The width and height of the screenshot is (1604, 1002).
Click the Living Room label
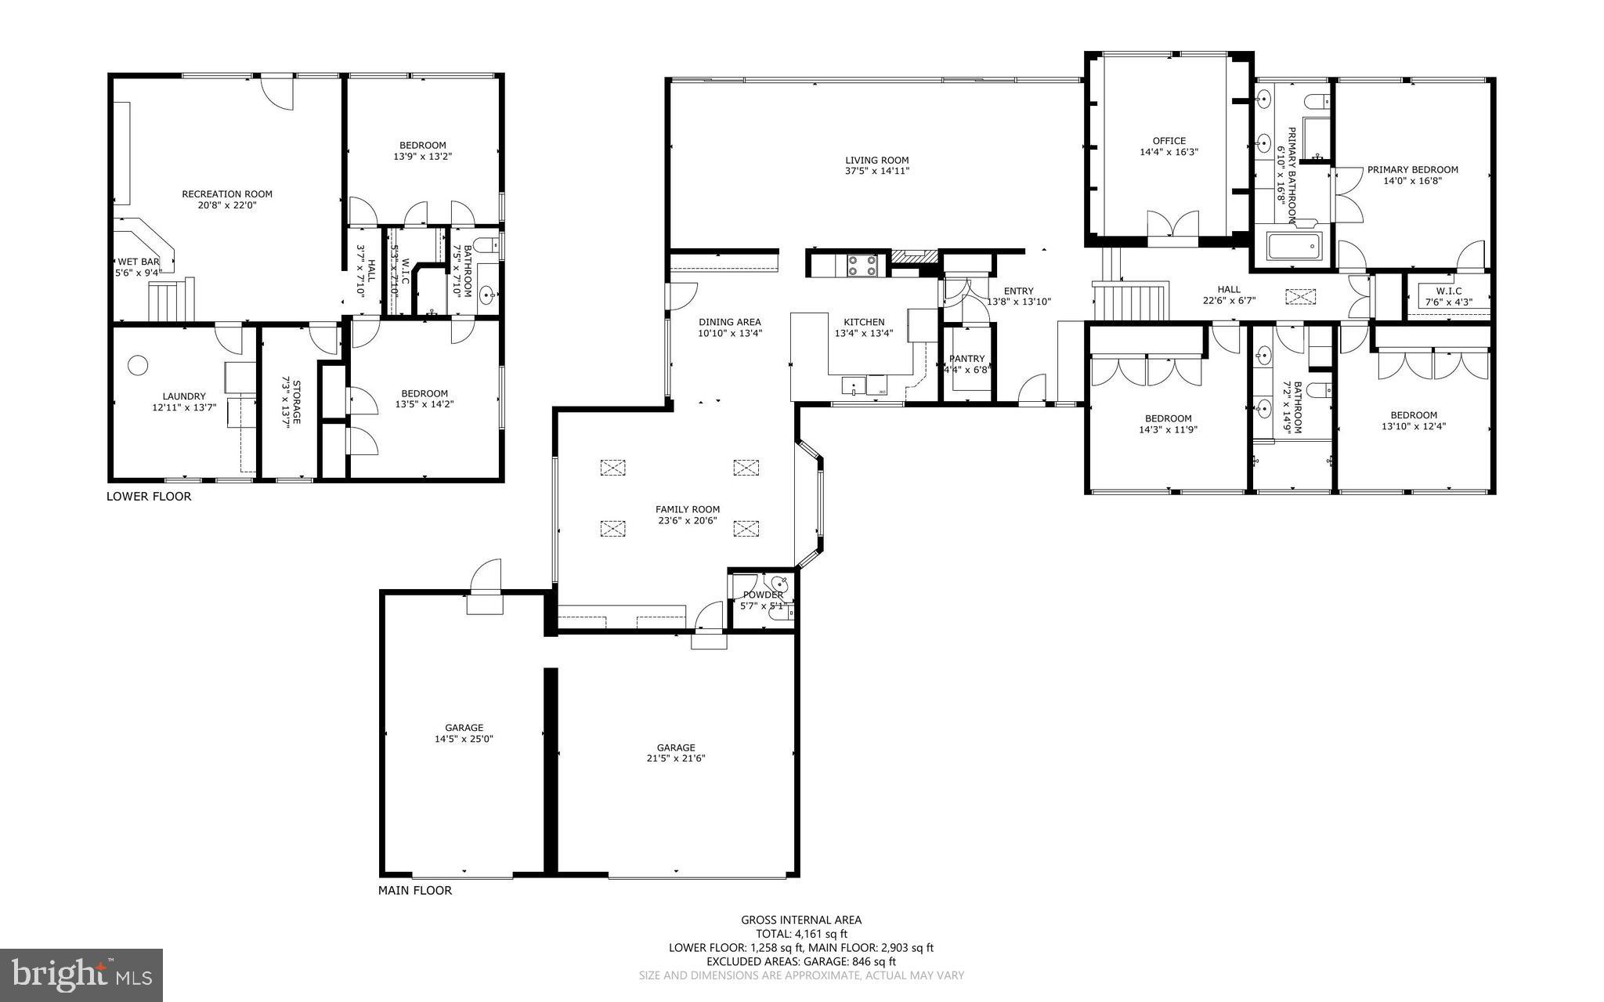(x=876, y=160)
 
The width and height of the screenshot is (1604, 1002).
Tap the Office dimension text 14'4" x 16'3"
(x=1169, y=153)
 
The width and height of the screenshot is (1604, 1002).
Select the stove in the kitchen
(x=861, y=266)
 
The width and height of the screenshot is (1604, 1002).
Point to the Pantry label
(x=966, y=359)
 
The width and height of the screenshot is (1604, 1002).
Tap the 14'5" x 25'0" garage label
(x=464, y=739)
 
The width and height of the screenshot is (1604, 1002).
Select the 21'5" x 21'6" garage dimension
(x=676, y=758)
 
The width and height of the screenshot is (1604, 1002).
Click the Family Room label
(x=688, y=509)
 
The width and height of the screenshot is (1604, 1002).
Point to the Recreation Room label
(x=227, y=194)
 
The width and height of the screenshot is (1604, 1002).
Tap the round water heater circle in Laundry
(x=138, y=365)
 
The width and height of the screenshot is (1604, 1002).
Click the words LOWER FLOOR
(x=149, y=497)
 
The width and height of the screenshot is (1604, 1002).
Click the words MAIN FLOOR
(x=415, y=891)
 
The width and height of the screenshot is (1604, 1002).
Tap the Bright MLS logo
(x=81, y=975)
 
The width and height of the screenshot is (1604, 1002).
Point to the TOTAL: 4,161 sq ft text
(x=801, y=934)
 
